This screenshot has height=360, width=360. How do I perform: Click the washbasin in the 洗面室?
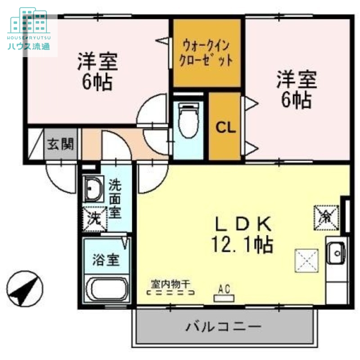[x=93, y=189]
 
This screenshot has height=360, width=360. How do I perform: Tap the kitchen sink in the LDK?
[x=336, y=253]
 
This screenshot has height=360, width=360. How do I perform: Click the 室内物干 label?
[x=171, y=283]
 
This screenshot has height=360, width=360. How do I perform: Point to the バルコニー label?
[x=224, y=326]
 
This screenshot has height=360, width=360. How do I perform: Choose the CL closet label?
[x=225, y=128]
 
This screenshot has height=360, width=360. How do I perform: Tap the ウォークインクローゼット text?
[x=206, y=53]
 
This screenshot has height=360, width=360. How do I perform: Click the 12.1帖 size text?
[x=242, y=244]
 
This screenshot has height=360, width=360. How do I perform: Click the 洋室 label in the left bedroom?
[x=97, y=62]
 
